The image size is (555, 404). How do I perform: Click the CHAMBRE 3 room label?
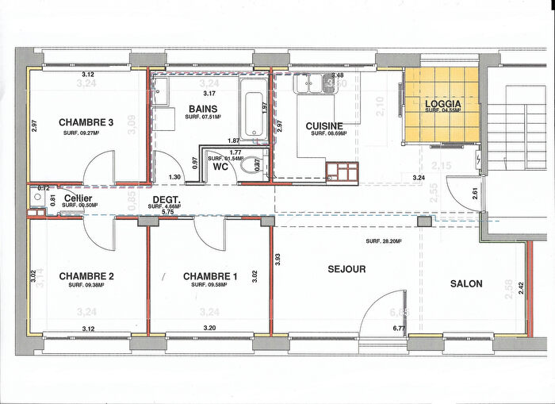pos(85,122)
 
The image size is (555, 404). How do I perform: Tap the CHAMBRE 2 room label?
pos(85,276)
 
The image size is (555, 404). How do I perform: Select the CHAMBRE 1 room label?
pos(209,276)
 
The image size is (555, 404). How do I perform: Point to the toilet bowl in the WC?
pos(253,167)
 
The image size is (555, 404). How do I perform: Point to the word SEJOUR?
pos(346,269)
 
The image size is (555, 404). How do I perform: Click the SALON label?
pos(466,283)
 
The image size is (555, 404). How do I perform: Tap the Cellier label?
pos(75,198)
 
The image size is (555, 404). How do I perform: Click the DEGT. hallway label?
pos(165,199)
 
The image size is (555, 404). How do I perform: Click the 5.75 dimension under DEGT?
pos(167,213)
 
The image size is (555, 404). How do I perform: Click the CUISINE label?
pos(324,125)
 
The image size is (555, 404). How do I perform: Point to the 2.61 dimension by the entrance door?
pos(475,194)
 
